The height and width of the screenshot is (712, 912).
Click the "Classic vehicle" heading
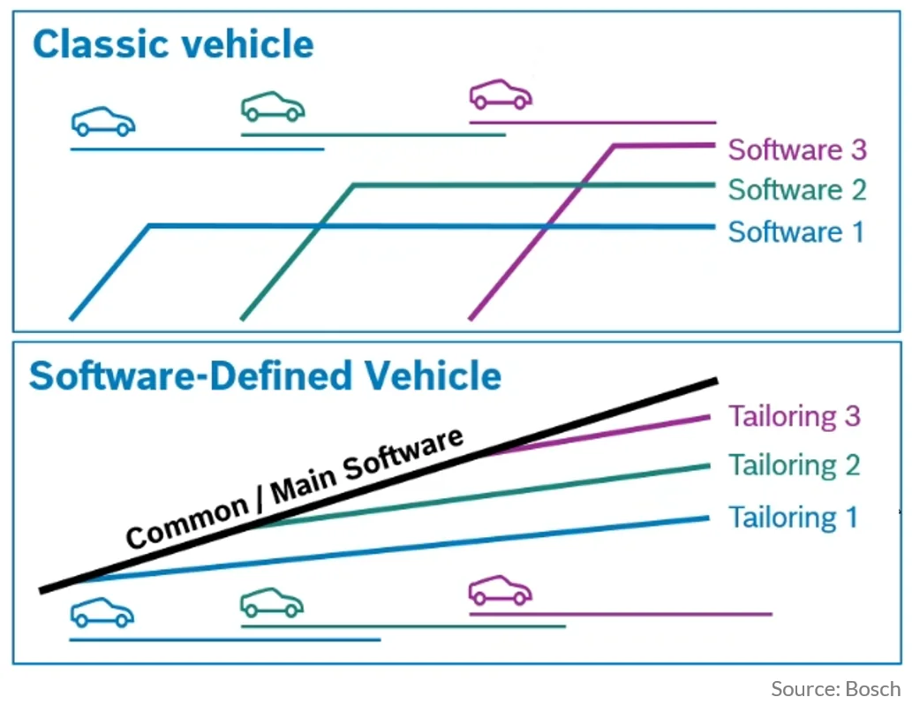173,45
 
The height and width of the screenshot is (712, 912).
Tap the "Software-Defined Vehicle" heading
265,375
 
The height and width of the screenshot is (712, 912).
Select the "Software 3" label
797,149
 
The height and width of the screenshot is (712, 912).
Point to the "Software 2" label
797,190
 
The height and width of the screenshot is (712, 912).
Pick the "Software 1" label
795,231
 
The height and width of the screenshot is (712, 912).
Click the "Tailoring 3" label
795,416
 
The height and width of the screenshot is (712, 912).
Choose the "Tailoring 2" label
795,465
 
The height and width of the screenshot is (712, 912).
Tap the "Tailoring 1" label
794,517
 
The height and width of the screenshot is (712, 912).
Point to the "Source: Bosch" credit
836,689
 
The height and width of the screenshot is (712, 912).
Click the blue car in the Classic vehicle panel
103,121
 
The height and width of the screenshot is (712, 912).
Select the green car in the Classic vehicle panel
273,107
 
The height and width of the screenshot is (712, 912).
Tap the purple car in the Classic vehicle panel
501,95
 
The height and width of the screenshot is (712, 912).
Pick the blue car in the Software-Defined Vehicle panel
102,612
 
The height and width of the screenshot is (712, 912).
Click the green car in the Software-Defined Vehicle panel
272,602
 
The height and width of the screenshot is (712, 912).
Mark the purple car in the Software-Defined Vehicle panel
501,590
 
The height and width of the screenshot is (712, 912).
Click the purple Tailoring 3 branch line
599,435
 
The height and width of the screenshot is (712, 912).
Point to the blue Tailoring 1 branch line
396,549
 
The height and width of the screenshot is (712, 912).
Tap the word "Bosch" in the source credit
873,689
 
